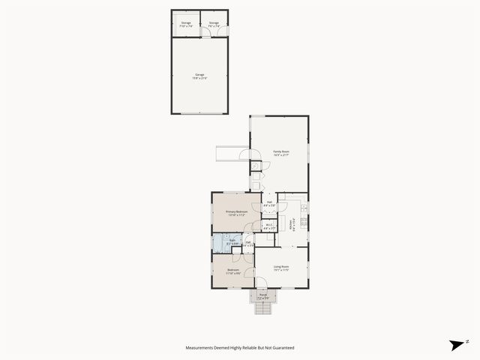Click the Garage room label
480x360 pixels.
click(199, 74)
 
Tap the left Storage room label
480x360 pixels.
click(186, 22)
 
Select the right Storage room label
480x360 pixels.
click(214, 22)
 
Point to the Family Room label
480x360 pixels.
click(281, 151)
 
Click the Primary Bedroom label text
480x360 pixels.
click(236, 211)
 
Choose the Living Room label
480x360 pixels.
click(281, 266)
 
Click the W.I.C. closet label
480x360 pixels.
click(268, 225)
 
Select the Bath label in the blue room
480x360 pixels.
click(232, 240)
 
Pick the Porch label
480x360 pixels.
click(263, 294)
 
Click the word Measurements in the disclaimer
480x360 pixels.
click(202, 348)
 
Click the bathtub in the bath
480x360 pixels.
click(217, 242)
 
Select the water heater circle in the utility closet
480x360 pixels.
click(255, 166)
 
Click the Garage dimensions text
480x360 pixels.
click(199, 78)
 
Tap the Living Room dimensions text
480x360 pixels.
click(281, 271)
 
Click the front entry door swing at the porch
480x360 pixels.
click(261, 284)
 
